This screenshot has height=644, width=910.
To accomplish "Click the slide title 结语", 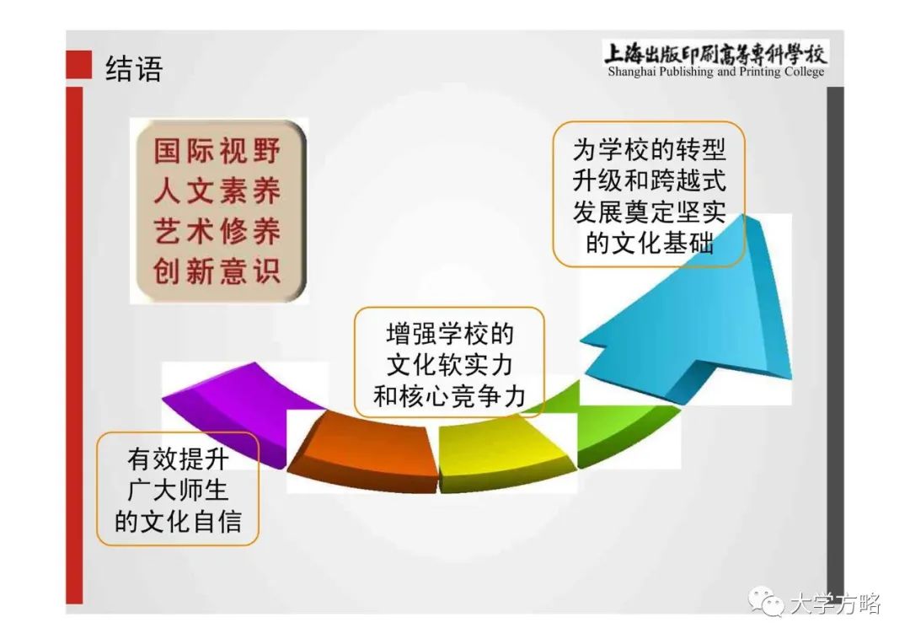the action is [133, 68].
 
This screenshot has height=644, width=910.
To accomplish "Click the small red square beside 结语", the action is [79, 64].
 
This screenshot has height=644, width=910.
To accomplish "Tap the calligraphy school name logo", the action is [715, 54].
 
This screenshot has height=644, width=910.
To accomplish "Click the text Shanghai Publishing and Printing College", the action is [715, 72].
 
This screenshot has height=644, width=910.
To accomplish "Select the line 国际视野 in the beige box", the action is [217, 151].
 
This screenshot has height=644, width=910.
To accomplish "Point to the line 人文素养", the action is [217, 191].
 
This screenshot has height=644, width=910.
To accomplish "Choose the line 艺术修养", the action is [217, 231].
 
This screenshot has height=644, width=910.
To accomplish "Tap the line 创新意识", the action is [217, 271].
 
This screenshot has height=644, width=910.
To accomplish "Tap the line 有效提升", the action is [178, 459].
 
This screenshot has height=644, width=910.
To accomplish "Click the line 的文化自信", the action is [178, 521].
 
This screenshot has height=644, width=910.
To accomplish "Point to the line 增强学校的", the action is [450, 335].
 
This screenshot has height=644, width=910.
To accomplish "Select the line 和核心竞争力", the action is [450, 397].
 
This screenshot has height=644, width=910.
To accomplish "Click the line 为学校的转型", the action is [649, 150].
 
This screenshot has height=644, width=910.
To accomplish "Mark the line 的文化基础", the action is [649, 243].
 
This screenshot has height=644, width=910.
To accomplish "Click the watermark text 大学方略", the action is [836, 604].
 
